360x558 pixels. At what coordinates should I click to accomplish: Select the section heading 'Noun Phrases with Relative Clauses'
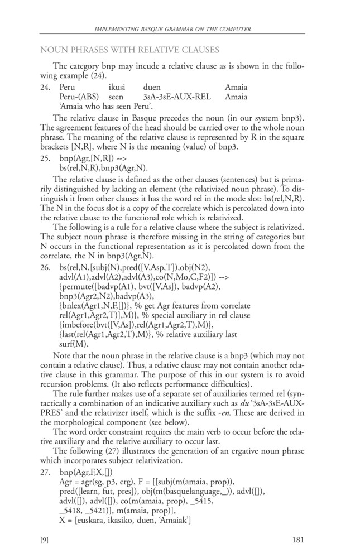point(129,50)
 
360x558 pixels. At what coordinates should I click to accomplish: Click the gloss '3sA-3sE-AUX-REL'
point(177,97)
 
